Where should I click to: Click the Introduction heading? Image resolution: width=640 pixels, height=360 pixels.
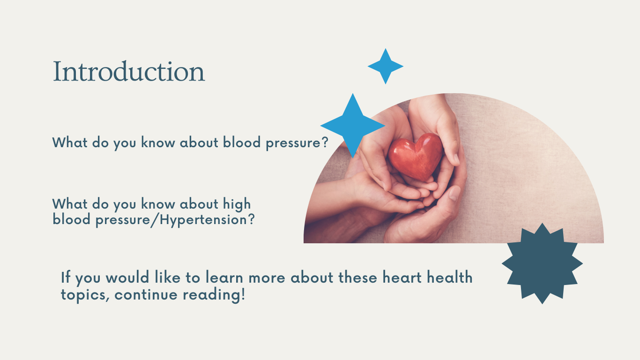(129, 71)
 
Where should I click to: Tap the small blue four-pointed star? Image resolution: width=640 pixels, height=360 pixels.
(386, 67)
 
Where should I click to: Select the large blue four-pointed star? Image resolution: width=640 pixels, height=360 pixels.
(353, 126)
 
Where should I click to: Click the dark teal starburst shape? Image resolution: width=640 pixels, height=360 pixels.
(542, 263)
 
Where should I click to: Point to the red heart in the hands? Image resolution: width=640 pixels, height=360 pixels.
(416, 157)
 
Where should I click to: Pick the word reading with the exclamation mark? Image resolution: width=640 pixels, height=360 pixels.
(214, 295)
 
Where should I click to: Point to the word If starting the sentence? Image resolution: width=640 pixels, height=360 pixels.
(66, 277)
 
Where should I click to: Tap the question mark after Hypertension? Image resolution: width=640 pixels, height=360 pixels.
(251, 219)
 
